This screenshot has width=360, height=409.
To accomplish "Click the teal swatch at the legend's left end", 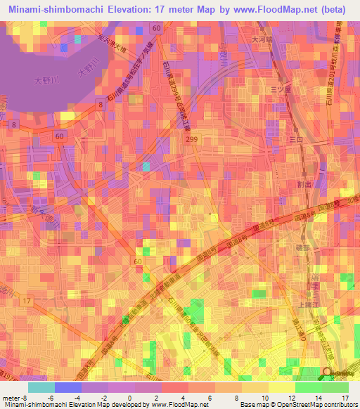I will tap(41, 387).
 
